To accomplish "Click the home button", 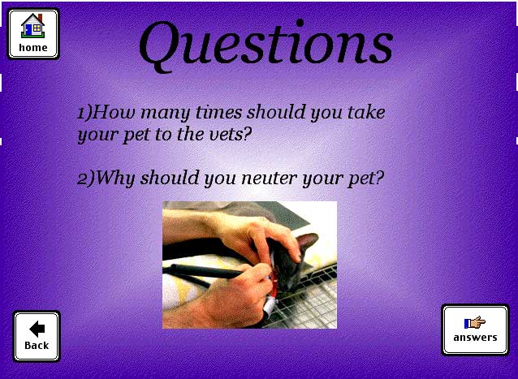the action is click(x=33, y=34).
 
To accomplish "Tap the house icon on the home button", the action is click(x=32, y=25).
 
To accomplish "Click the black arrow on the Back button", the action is click(x=37, y=329).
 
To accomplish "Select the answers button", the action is click(x=476, y=329).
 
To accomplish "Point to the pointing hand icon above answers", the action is click(x=475, y=322).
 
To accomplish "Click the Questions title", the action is click(x=266, y=45).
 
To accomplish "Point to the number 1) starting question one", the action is click(x=84, y=112).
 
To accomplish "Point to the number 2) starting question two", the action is click(x=85, y=179).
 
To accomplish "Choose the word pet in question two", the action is click(x=360, y=179).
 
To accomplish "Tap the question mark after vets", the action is click(x=248, y=134).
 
